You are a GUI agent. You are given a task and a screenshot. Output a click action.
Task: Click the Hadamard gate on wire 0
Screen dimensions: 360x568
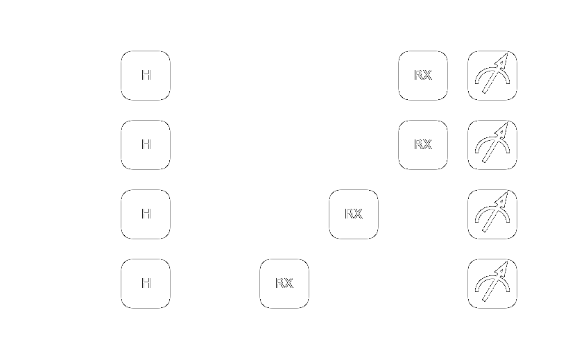click(146, 76)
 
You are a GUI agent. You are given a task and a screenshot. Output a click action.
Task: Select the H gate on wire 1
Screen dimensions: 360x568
click(146, 145)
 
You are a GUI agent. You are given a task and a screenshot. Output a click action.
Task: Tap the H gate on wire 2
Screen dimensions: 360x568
click(146, 214)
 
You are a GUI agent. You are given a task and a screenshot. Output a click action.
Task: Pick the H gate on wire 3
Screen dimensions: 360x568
click(146, 284)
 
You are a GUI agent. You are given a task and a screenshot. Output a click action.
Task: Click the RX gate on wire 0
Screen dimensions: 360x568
click(423, 76)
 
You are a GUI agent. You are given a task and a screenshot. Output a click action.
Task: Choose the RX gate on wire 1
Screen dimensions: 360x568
click(423, 145)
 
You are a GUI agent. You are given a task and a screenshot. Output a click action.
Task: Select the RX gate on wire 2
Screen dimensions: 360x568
click(354, 214)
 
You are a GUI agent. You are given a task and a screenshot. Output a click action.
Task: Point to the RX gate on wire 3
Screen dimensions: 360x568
click(284, 284)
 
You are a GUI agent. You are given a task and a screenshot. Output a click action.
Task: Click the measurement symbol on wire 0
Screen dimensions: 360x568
click(492, 76)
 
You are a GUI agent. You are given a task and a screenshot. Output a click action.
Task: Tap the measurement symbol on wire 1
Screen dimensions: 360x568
click(492, 145)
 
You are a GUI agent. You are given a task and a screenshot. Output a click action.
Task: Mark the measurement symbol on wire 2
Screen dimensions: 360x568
click(492, 214)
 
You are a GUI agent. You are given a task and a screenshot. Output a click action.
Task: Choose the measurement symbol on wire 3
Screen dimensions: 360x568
click(492, 284)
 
